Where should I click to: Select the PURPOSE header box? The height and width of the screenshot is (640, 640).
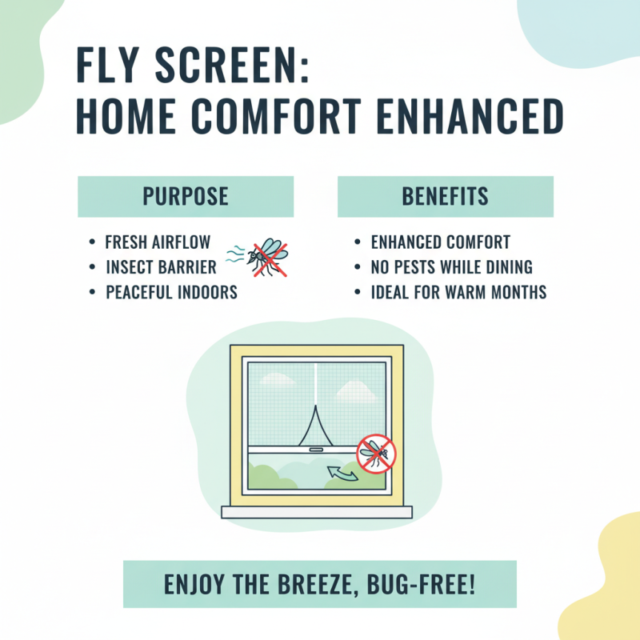(x=185, y=197)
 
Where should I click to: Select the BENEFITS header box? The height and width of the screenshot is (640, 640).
(x=445, y=197)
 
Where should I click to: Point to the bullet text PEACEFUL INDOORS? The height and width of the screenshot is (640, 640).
(x=171, y=292)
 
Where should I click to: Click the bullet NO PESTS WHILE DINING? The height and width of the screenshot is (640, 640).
(x=451, y=267)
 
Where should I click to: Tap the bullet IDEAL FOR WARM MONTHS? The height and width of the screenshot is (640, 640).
(x=458, y=292)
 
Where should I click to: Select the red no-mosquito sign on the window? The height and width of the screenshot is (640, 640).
(x=375, y=453)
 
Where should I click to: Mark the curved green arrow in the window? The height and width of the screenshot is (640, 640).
(x=342, y=475)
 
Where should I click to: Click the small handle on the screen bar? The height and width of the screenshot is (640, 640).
(x=317, y=451)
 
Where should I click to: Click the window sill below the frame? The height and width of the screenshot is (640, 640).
(x=317, y=512)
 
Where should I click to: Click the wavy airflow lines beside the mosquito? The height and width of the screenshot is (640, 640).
(x=234, y=254)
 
